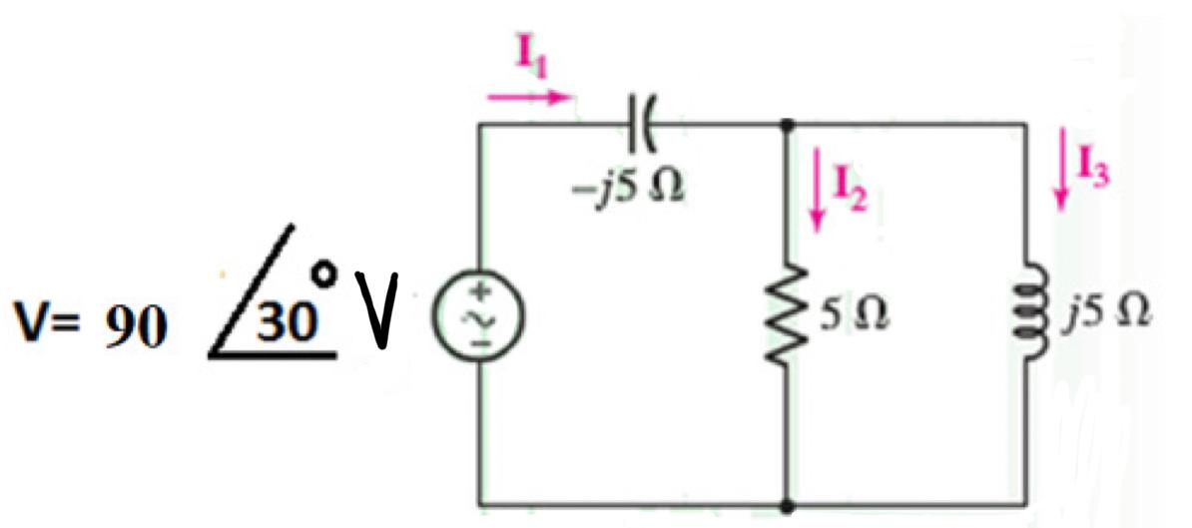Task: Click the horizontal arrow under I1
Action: pos(529,97)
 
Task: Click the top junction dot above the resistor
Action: pos(788,124)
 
